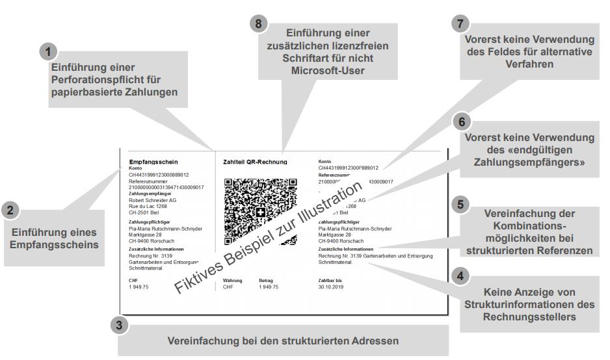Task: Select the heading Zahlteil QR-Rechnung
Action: coord(255,161)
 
